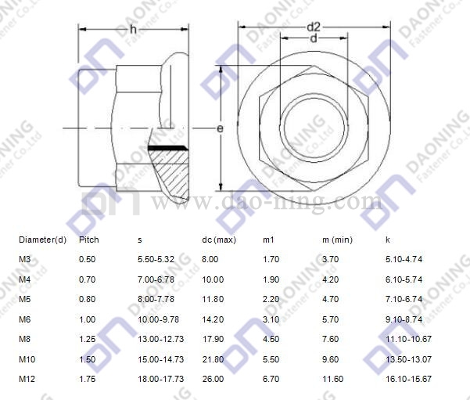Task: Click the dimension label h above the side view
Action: click(133, 30)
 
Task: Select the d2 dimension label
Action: click(314, 27)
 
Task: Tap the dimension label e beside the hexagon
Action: click(220, 128)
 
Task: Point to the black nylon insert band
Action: click(168, 148)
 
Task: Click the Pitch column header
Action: click(88, 240)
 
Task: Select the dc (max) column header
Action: click(219, 240)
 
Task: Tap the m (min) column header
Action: click(337, 240)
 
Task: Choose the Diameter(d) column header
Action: click(42, 240)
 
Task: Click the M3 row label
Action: click(24, 259)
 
